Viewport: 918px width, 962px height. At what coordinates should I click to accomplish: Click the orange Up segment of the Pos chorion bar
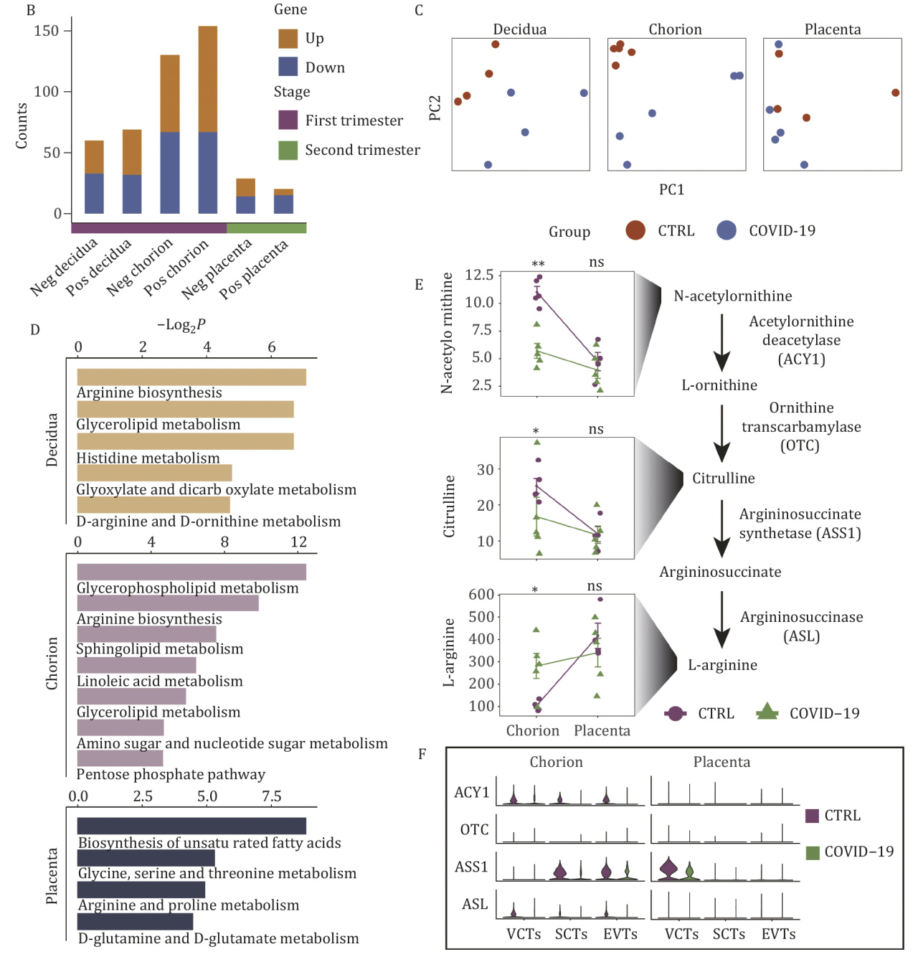pos(207,79)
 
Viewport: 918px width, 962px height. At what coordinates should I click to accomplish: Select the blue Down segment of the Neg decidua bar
pos(94,194)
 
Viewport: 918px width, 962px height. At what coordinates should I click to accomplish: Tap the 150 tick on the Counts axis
pos(47,31)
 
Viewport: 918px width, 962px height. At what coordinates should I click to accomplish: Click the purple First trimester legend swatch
pos(288,120)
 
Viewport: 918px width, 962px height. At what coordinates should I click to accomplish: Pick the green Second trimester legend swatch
pos(288,150)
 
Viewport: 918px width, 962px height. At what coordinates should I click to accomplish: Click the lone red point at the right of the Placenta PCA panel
pos(895,93)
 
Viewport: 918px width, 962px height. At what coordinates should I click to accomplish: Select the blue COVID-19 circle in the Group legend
pos(727,230)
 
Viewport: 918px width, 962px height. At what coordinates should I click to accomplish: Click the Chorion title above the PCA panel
pos(675,29)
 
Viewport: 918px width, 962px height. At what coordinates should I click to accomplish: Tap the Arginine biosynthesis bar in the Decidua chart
pos(191,377)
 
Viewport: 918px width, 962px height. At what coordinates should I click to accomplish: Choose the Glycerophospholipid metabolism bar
pos(191,572)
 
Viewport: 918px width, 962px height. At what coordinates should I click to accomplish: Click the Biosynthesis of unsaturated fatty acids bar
pos(191,826)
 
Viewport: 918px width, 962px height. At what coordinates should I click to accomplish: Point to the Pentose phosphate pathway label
pos(171,775)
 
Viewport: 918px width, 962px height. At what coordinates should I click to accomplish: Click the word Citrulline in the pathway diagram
pos(723,478)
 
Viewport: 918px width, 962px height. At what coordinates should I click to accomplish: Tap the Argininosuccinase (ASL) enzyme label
pos(801,626)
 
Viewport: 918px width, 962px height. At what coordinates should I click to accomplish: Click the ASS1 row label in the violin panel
pos(471,867)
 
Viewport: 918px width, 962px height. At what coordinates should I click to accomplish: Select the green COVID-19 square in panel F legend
pos(813,852)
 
